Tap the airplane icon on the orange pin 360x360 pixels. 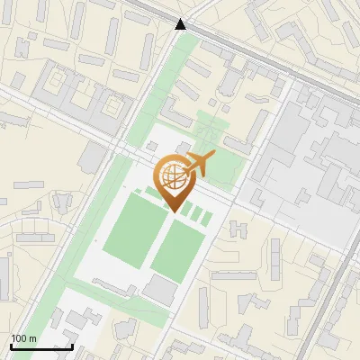(x=198, y=165)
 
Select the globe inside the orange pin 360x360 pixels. (x=173, y=176)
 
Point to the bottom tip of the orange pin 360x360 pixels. (x=174, y=211)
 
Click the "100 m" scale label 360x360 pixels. (x=23, y=338)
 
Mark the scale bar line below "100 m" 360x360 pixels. (x=41, y=346)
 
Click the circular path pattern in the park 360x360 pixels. (x=206, y=134)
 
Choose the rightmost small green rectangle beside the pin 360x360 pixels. (x=207, y=218)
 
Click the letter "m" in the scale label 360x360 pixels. (x=33, y=338)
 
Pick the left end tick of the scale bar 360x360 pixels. (x=12, y=346)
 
